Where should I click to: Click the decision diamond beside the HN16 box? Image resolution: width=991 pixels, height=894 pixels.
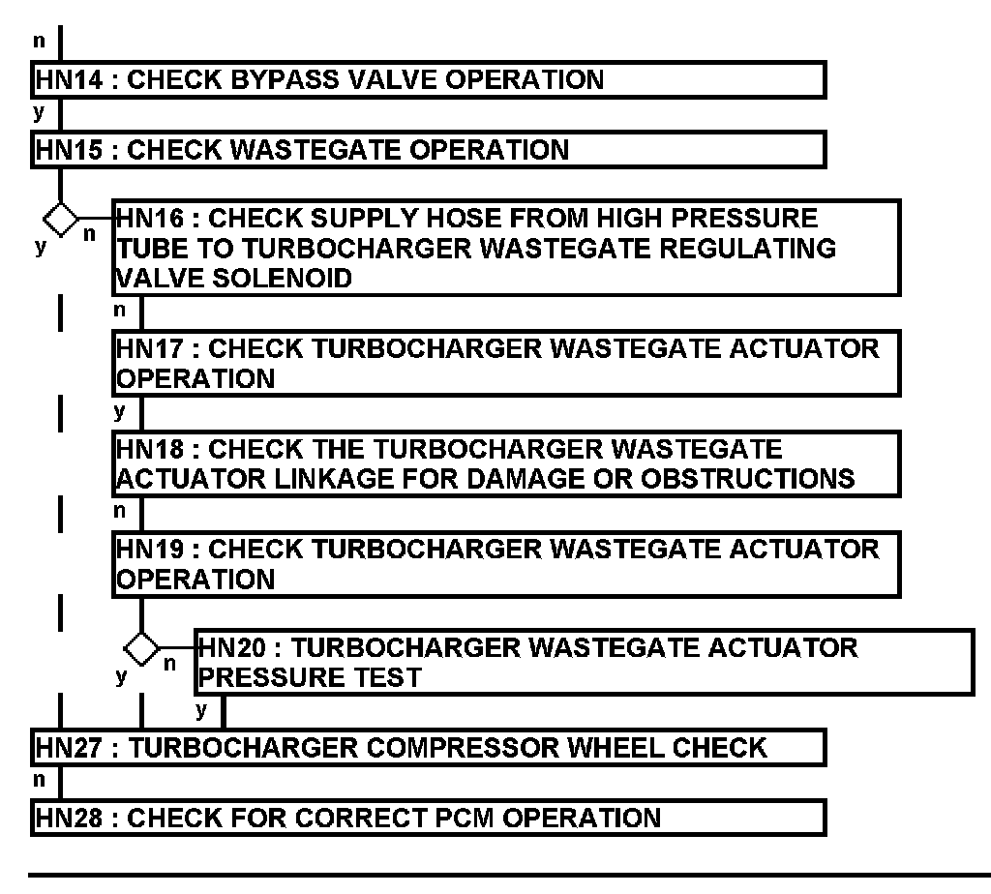click(61, 219)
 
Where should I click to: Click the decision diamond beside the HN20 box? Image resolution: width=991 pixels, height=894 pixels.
click(142, 646)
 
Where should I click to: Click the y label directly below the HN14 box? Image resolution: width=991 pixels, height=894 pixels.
click(39, 112)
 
